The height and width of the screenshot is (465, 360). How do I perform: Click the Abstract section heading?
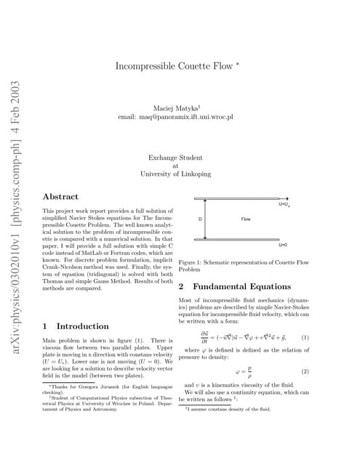coord(61,196)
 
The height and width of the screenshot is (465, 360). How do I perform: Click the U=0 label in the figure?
coord(284,245)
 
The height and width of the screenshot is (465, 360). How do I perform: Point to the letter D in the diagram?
coord(200,219)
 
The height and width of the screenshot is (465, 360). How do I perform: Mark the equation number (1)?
coord(305,338)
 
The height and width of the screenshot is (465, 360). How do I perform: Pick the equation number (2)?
coord(305,371)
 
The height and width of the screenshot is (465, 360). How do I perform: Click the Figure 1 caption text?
coord(244,264)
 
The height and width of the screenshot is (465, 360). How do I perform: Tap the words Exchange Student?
coord(175,156)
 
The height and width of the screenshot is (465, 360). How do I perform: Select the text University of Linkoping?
coord(175,174)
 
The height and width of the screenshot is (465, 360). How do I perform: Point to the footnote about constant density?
coord(228,409)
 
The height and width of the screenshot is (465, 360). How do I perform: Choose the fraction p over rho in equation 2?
coord(249,371)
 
